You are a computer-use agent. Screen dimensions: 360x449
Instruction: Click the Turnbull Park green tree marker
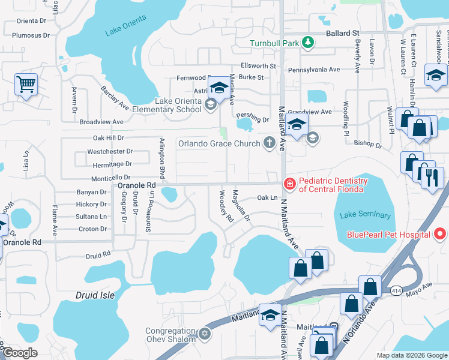(x=307, y=42)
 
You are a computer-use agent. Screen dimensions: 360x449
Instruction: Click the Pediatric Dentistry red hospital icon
(x=289, y=184)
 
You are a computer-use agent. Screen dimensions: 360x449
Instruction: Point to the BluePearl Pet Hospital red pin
(x=441, y=233)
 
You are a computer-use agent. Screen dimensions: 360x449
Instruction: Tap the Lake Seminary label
(x=365, y=215)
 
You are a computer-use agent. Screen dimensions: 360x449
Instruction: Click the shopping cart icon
(x=26, y=84)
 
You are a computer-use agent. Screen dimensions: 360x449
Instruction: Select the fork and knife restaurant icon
(x=432, y=178)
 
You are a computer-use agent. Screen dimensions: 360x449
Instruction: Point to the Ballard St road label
(x=342, y=33)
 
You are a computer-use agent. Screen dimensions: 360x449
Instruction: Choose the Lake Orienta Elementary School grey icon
(x=210, y=105)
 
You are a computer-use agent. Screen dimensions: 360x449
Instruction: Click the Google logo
(x=20, y=353)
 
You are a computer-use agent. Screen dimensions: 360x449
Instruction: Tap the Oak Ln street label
(x=267, y=197)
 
